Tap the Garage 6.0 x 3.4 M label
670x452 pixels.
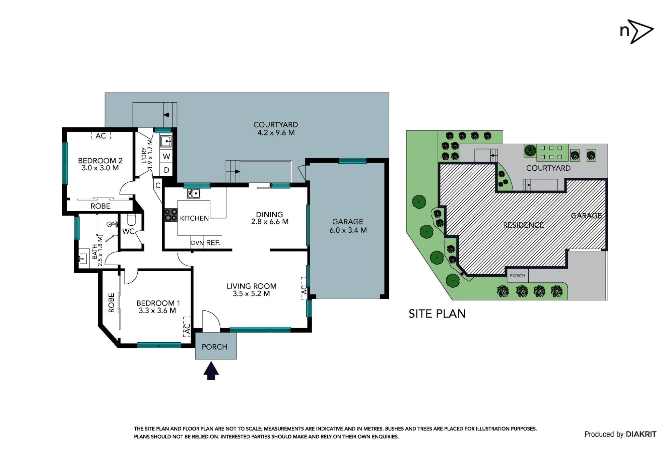[x=348, y=226]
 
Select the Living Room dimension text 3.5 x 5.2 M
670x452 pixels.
[x=251, y=294]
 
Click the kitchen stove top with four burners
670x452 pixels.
[x=171, y=215]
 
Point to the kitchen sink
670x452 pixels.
[x=194, y=193]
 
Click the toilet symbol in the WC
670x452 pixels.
[x=131, y=220]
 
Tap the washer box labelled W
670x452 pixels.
[x=166, y=156]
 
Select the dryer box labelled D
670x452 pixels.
[x=166, y=170]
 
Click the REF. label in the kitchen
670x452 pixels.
[x=213, y=243]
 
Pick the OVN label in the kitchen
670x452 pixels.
[x=197, y=243]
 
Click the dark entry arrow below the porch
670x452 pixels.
[x=211, y=371]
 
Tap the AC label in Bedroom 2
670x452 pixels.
[x=101, y=136]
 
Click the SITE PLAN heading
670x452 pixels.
[x=437, y=314]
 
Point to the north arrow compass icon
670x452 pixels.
[x=636, y=32]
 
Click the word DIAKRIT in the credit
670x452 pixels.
[x=641, y=434]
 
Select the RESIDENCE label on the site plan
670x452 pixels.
[x=524, y=225]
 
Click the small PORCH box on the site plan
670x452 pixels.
[x=518, y=276]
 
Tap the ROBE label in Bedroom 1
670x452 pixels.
[x=112, y=303]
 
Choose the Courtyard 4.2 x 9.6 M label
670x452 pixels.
[x=276, y=129]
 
